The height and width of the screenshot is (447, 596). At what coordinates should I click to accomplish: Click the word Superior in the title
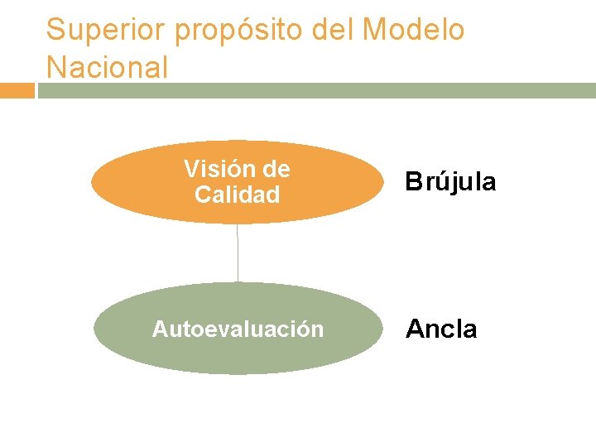coord(98,31)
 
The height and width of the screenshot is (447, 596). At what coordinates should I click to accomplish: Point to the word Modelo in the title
coord(413,30)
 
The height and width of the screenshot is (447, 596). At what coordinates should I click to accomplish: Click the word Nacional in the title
coord(107,66)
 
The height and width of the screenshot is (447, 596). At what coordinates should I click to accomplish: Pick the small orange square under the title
coord(17,90)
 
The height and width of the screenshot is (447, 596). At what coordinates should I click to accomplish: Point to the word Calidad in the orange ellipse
coord(237,195)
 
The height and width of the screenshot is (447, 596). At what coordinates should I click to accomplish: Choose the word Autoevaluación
coord(238,329)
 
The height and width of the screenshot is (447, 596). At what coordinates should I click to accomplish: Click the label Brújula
coord(450,182)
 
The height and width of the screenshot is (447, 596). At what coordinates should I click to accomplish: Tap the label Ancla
coord(440,329)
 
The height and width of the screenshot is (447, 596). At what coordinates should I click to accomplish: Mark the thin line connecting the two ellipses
coord(238,252)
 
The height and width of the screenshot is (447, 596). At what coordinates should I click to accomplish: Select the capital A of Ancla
coord(414,329)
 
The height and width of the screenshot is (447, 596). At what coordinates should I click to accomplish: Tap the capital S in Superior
coord(55,31)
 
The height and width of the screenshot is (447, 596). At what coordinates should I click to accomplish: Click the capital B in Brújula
coord(413,182)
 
